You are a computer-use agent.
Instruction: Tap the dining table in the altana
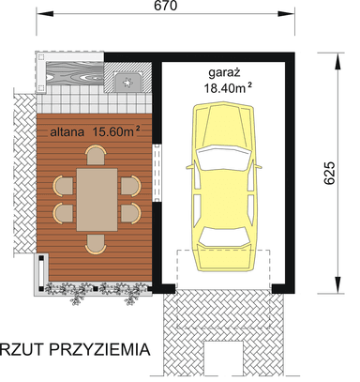[x=96, y=199]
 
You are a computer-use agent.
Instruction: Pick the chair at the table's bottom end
[x=96, y=244]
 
